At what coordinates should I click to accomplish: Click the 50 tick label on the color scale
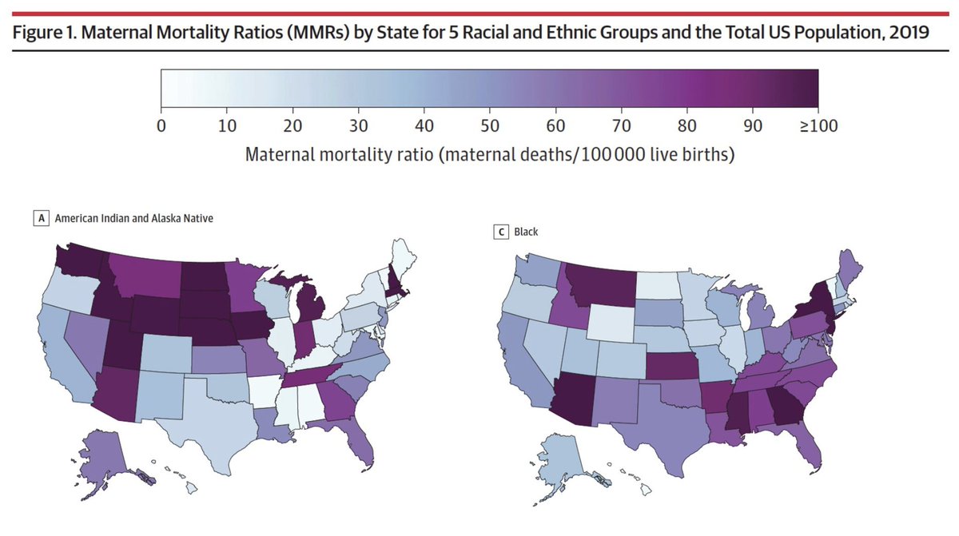[x=490, y=125]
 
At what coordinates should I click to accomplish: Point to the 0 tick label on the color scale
[x=161, y=125]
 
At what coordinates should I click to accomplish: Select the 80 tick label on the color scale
[x=687, y=125]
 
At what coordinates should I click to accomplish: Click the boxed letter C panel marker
[x=501, y=232]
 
